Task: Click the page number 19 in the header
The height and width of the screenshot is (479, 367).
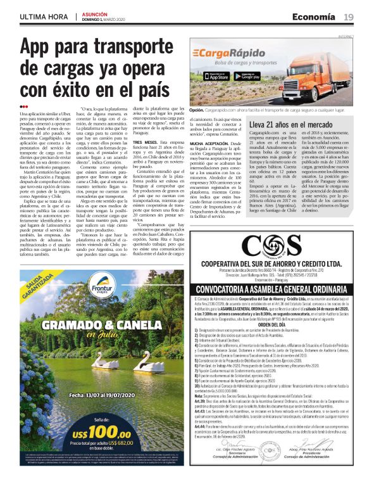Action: click(x=349, y=16)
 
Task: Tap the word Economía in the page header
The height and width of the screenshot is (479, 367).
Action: click(x=315, y=16)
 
